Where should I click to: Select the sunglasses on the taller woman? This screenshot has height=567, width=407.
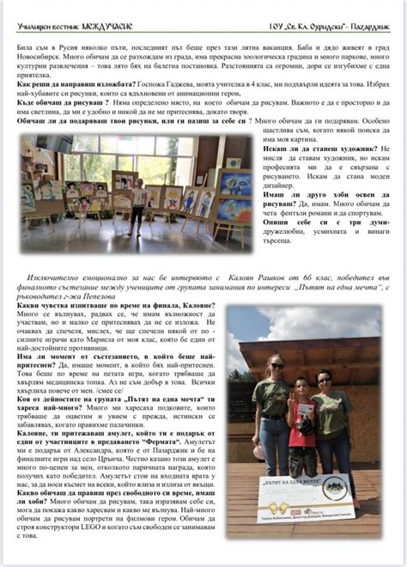pos(277,366)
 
